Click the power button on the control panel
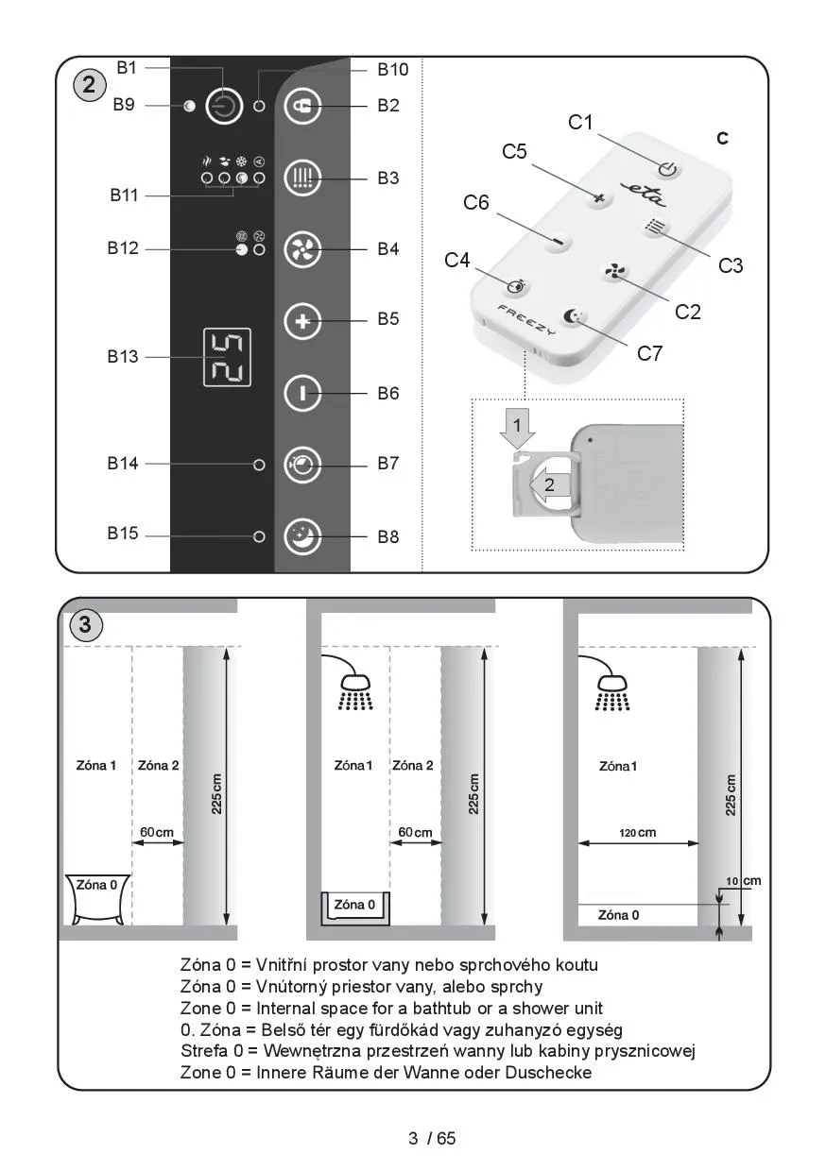click(224, 106)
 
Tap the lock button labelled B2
click(301, 106)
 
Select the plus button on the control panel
click(301, 321)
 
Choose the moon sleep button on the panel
click(301, 536)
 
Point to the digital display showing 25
click(227, 358)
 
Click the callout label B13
click(123, 357)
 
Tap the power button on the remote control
click(668, 169)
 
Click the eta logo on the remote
click(644, 194)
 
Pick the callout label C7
click(649, 354)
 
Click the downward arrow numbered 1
click(517, 428)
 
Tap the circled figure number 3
click(85, 625)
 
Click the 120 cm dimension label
click(637, 833)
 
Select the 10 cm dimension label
click(744, 881)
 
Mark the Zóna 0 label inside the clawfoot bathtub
click(96, 885)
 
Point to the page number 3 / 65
click(432, 1138)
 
